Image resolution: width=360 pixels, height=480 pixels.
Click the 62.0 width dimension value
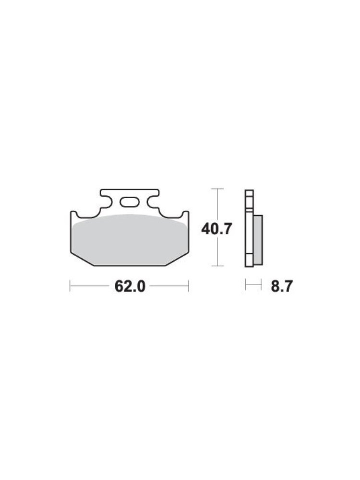click(x=130, y=286)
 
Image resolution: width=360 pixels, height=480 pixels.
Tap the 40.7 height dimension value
click(x=216, y=229)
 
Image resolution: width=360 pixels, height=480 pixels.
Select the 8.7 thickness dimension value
click(x=282, y=286)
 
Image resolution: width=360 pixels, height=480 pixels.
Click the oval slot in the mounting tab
click(x=129, y=203)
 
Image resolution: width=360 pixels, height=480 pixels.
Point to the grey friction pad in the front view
click(x=130, y=240)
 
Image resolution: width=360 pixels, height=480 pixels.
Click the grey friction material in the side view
click(x=258, y=240)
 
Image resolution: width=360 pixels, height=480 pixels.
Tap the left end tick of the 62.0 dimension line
click(x=70, y=286)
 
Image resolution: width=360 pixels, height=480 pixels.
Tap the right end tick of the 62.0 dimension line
click(x=189, y=286)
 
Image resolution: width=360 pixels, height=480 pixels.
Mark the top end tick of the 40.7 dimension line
click(x=217, y=189)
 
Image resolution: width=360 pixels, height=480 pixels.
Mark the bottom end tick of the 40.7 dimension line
click(x=217, y=266)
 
